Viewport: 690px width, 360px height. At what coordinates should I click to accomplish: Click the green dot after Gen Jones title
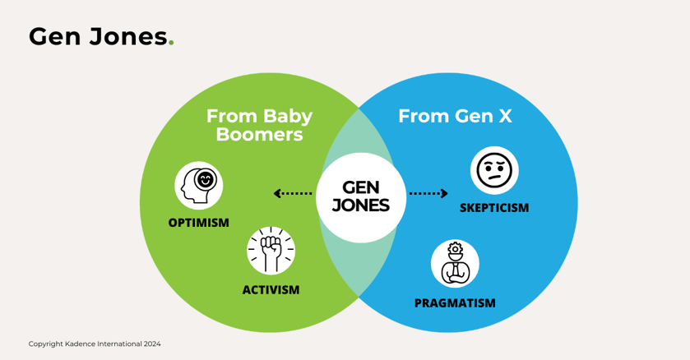click(x=171, y=44)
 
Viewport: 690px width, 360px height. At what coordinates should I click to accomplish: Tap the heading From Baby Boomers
click(x=259, y=125)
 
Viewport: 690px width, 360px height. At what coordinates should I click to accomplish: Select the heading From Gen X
click(x=455, y=116)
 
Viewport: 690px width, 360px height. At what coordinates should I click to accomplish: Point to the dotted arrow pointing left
click(x=293, y=194)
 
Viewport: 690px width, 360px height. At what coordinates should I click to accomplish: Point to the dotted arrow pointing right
click(x=428, y=194)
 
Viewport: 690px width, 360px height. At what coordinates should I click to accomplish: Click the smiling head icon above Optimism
click(x=199, y=185)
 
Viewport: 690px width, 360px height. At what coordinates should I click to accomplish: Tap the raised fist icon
click(x=271, y=250)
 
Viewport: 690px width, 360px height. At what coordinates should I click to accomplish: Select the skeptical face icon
click(x=494, y=169)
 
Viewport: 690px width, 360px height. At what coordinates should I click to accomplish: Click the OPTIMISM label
click(x=198, y=223)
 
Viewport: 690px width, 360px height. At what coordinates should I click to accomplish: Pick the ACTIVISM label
click(x=271, y=289)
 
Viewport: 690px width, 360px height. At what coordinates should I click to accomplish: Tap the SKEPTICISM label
click(x=493, y=208)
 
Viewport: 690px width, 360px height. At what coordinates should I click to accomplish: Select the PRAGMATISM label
click(x=455, y=302)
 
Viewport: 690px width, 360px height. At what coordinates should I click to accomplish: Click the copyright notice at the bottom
click(x=95, y=344)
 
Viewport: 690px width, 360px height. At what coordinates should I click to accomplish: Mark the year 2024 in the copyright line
click(x=151, y=344)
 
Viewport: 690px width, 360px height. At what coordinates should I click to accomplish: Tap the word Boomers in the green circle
click(x=259, y=135)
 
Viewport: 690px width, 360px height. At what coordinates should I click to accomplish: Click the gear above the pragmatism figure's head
click(x=455, y=248)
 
